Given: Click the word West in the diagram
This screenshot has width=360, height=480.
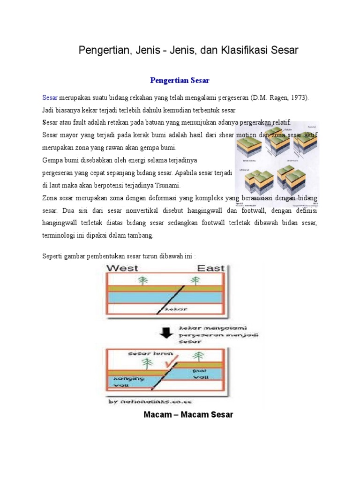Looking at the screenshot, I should coord(123,268).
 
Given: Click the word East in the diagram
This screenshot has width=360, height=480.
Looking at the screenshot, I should coord(210,268).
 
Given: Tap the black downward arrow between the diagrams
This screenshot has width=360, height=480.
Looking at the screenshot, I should coord(165,332).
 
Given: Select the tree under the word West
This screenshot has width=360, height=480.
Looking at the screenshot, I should coord(144,280).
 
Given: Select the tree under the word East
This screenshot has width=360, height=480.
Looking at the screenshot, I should coord(193,280).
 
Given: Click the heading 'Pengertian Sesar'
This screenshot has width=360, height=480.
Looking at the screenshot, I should coord(180,80).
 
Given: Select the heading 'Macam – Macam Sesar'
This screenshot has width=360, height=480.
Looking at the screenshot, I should coord(187,415).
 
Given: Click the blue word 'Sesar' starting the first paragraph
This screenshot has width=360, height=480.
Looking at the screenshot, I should coord(50,98).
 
